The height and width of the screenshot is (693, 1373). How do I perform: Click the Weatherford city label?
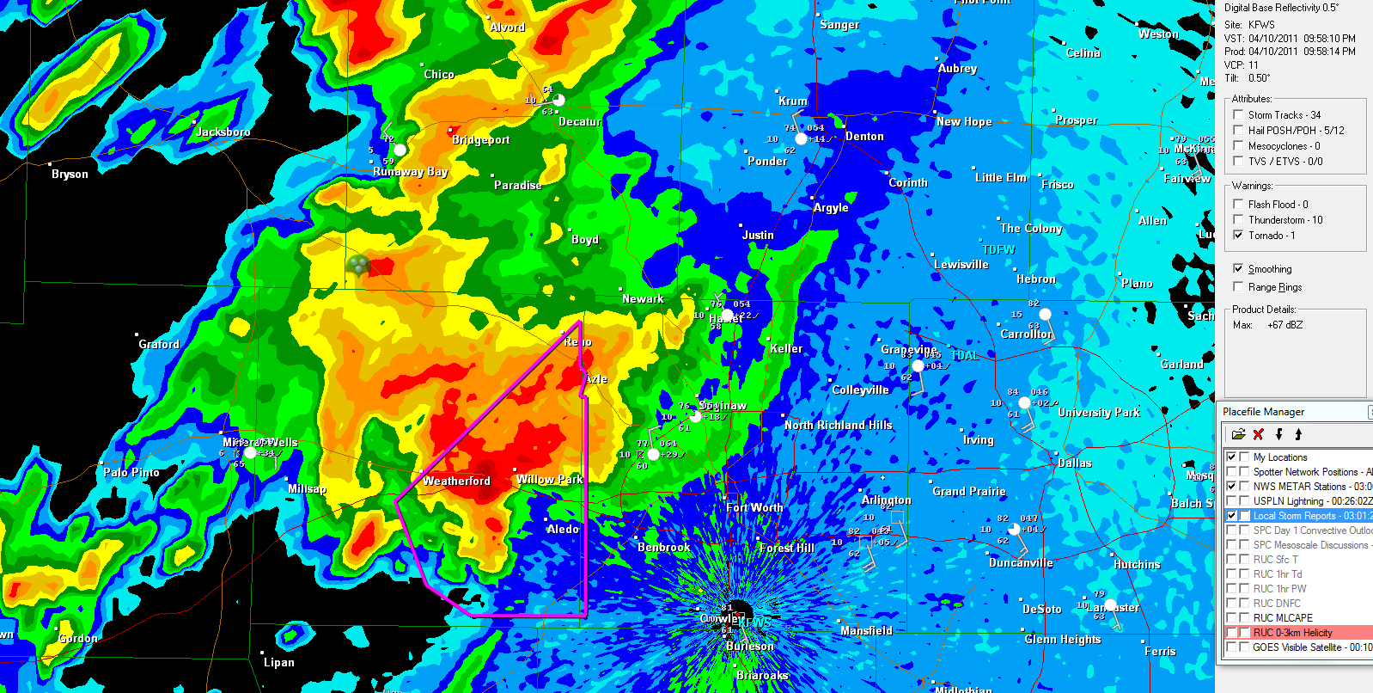click(456, 481)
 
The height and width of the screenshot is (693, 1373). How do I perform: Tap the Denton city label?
click(863, 137)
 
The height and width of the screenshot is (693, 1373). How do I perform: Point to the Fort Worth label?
click(754, 508)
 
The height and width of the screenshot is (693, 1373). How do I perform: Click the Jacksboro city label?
click(223, 132)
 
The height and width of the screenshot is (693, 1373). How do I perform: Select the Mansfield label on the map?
click(866, 631)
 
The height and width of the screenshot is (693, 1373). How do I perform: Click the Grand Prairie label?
click(968, 492)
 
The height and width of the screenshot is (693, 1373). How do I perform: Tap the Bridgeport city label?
click(480, 140)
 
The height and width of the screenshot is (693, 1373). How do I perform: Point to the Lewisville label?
click(961, 265)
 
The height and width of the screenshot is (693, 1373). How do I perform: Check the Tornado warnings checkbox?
click(1238, 235)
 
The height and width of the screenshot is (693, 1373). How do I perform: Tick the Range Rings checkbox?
click(1238, 286)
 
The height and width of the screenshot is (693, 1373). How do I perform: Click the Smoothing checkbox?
click(1238, 268)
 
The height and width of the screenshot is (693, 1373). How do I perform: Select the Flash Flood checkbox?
click(1238, 204)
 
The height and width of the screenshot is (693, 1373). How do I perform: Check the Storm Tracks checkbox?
click(1238, 114)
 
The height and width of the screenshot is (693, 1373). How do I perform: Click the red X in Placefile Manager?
click(1258, 434)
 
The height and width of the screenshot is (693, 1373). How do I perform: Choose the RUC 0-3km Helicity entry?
click(1292, 633)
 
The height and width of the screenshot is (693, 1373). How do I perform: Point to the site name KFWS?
click(1261, 25)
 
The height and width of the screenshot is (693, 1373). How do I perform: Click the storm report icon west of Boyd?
click(359, 265)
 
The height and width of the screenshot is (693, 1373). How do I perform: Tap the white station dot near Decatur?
click(558, 101)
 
